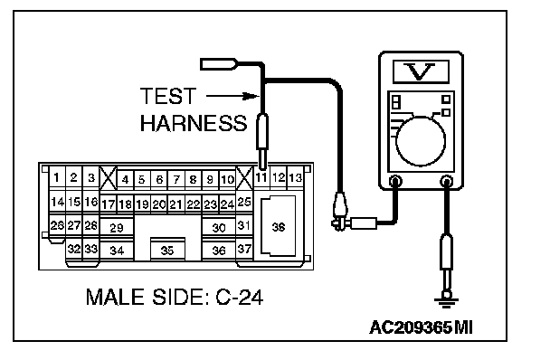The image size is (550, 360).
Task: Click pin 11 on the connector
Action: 261,178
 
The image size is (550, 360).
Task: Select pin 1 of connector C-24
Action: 56,178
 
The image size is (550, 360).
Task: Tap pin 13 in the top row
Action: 295,178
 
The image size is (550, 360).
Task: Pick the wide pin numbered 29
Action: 117,228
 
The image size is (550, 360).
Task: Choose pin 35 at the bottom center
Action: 167,251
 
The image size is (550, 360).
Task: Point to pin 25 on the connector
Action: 244,202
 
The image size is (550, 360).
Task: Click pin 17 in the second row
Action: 108,204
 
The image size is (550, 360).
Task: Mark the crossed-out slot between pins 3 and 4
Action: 108,178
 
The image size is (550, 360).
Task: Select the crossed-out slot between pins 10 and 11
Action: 244,178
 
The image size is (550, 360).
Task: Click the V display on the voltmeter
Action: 421,72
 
